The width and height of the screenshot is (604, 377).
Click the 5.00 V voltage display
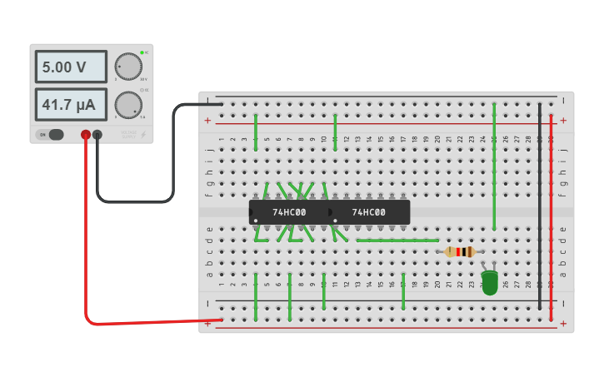click(x=71, y=67)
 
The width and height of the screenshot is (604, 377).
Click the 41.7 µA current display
click(x=71, y=105)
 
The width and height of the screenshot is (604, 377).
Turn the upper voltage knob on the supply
click(x=128, y=67)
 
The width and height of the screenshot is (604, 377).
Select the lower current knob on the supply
click(x=128, y=105)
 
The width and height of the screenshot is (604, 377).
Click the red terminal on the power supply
click(x=86, y=135)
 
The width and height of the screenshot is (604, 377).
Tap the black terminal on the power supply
click(x=97, y=135)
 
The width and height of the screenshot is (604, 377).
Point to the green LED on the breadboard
click(x=490, y=282)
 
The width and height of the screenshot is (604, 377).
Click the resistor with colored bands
click(x=460, y=251)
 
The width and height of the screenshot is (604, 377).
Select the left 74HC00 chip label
click(x=289, y=212)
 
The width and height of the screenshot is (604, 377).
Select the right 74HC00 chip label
click(x=368, y=212)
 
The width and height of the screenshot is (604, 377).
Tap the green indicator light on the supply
click(x=142, y=52)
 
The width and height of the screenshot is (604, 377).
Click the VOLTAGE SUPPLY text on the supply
click(x=128, y=134)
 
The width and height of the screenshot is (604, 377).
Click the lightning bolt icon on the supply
click(x=142, y=134)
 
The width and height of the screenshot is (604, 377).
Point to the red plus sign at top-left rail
click(x=207, y=121)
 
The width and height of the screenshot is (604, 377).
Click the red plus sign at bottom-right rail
click(x=563, y=324)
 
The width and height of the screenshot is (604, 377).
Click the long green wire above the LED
click(x=494, y=166)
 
